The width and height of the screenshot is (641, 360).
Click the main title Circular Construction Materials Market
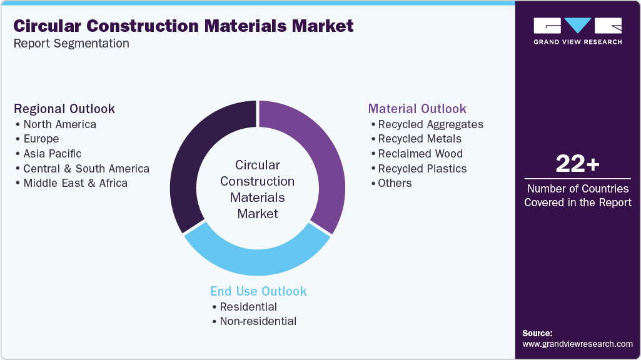coord(183,26)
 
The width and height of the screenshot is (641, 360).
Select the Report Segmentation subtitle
coord(71,44)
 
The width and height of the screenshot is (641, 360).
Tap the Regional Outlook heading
coord(64,109)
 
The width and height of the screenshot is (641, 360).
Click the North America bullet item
coord(59,124)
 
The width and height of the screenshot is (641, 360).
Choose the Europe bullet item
coord(41,139)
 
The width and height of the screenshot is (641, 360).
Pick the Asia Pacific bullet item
coord(52,154)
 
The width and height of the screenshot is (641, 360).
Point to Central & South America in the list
coord(86,169)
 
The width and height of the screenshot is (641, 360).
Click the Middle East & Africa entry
coord(75,183)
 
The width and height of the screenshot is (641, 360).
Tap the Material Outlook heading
coord(417,109)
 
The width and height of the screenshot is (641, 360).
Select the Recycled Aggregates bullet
coord(430,124)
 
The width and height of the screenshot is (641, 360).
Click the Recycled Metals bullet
coord(420,139)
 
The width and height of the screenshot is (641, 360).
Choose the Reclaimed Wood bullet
coord(420,154)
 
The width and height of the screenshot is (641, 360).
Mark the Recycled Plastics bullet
coord(422,169)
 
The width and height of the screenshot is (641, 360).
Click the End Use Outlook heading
coord(258,291)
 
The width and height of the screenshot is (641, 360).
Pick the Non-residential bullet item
coord(258,321)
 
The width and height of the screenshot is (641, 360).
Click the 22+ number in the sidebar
coord(577,164)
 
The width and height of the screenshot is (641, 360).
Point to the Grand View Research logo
coord(577,31)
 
